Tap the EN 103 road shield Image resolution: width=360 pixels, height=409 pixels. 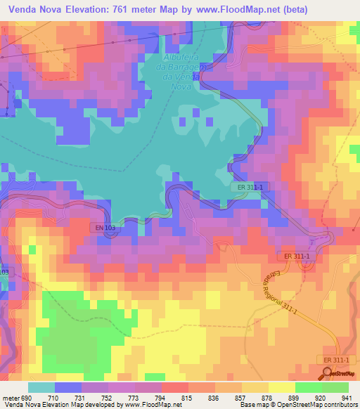pyautogui.click(x=103, y=228)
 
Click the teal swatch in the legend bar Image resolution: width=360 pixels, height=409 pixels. pyautogui.click(x=41, y=387)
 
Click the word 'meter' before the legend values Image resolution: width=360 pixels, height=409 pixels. pyautogui.click(x=11, y=398)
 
